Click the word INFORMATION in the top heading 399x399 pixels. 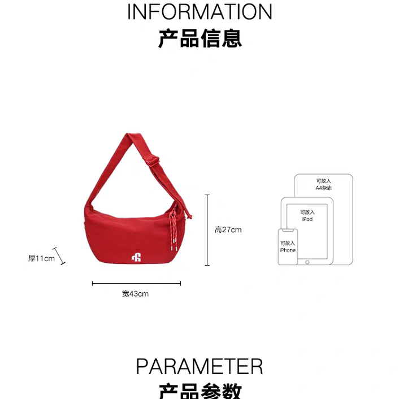point(199,12)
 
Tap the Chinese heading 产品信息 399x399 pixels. point(199,38)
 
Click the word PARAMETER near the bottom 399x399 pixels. point(199,366)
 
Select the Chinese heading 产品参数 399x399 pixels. point(199,391)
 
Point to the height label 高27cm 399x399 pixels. point(228,229)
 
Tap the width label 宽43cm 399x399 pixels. point(135,293)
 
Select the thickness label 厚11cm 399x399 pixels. point(41,258)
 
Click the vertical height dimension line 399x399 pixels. point(207,229)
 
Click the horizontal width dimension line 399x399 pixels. point(136,284)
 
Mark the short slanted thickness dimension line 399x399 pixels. point(60,256)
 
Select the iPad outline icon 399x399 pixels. point(307,231)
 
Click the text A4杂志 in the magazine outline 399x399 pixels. point(323,188)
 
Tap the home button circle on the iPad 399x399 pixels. point(307,262)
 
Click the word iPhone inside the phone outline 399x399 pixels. point(287,250)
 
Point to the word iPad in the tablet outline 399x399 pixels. point(307,219)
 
